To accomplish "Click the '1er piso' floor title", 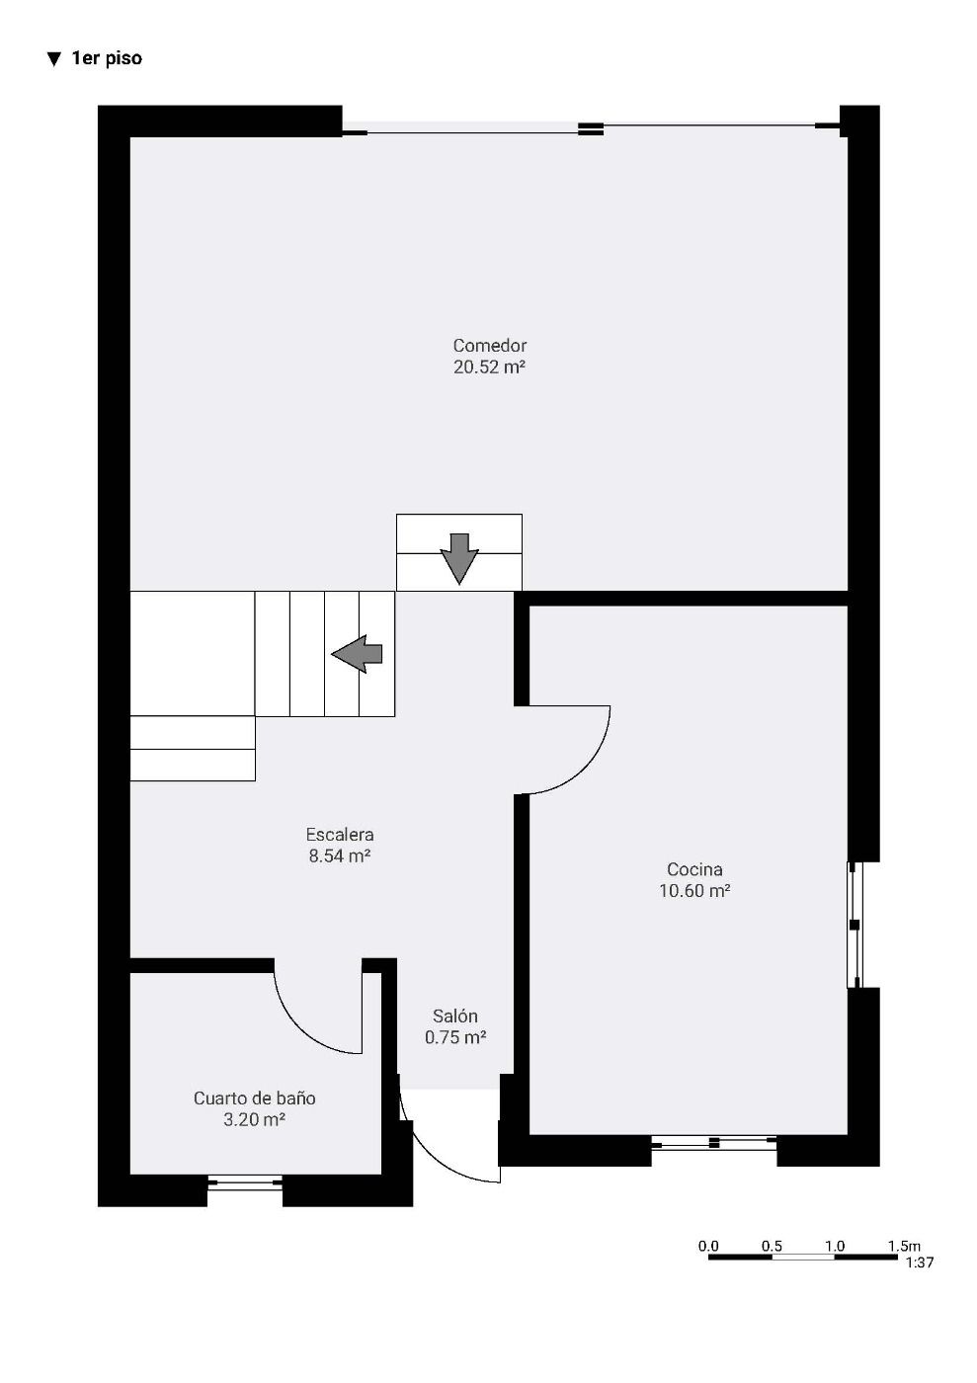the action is [107, 58].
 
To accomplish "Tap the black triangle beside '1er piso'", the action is [53, 59].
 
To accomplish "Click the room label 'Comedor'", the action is [490, 345].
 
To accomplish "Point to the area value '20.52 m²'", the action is [489, 366].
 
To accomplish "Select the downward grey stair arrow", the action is [458, 558].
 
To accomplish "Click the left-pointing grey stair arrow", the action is [357, 654].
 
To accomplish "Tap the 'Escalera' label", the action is [340, 835].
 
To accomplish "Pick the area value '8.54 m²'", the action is [340, 855].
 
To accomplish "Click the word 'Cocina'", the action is [694, 869].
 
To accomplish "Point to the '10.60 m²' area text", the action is [694, 890].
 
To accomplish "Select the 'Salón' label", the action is [455, 1017].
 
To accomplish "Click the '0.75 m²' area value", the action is [455, 1037].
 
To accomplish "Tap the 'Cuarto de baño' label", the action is [255, 1098].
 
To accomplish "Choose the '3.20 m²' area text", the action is [255, 1119].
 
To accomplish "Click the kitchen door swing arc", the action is [584, 770].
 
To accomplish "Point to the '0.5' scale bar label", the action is [772, 1246].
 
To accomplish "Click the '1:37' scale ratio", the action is [920, 1262].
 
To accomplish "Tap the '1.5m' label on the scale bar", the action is [904, 1246].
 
